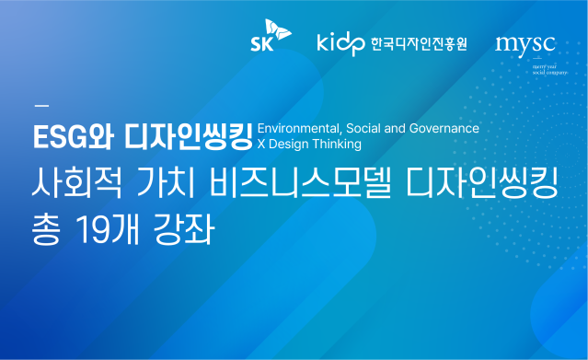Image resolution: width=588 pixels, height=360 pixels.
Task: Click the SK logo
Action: (x=271, y=40)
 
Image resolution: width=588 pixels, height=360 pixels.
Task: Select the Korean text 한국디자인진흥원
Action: (x=419, y=43)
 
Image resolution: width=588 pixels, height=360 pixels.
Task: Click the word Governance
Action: (x=446, y=128)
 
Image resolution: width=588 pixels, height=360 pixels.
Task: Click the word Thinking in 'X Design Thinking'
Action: (x=336, y=144)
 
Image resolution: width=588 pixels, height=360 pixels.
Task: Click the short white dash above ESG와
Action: (x=40, y=102)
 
